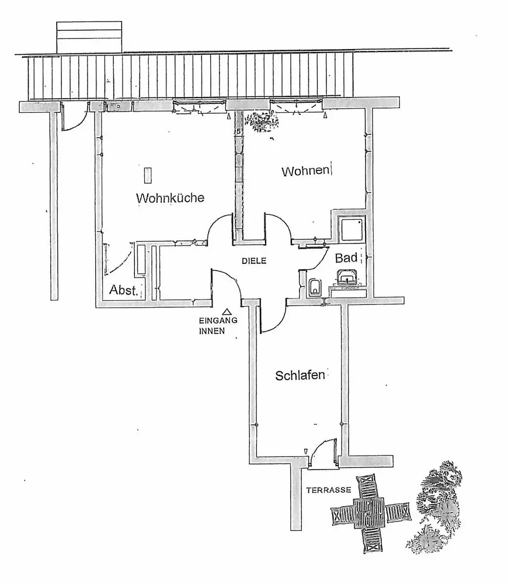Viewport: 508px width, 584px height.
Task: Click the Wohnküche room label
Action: pos(170,198)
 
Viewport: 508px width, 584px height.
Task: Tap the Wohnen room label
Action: pos(306,171)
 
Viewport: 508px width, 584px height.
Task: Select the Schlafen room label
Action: pos(300,375)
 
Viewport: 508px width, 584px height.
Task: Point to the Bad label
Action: pos(346,258)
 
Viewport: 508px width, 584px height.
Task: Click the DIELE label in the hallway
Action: pos(254,261)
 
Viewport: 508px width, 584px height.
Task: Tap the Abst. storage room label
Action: pos(124,290)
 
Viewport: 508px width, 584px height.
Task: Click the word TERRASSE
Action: pos(329,490)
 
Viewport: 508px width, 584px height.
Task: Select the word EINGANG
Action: pos(218,320)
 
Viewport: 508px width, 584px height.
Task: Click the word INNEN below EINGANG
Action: pos(212,331)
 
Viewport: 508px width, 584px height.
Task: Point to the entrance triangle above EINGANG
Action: pos(227,311)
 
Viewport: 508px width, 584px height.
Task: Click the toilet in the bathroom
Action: pos(315,287)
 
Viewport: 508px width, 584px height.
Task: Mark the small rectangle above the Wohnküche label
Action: pos(148,175)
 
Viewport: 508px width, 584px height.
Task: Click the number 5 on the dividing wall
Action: pos(238,131)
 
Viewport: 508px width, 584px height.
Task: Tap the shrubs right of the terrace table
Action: pos(435,506)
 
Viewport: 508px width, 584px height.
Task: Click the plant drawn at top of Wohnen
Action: pos(264,121)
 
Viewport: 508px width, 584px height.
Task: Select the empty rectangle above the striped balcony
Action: pos(89,37)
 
